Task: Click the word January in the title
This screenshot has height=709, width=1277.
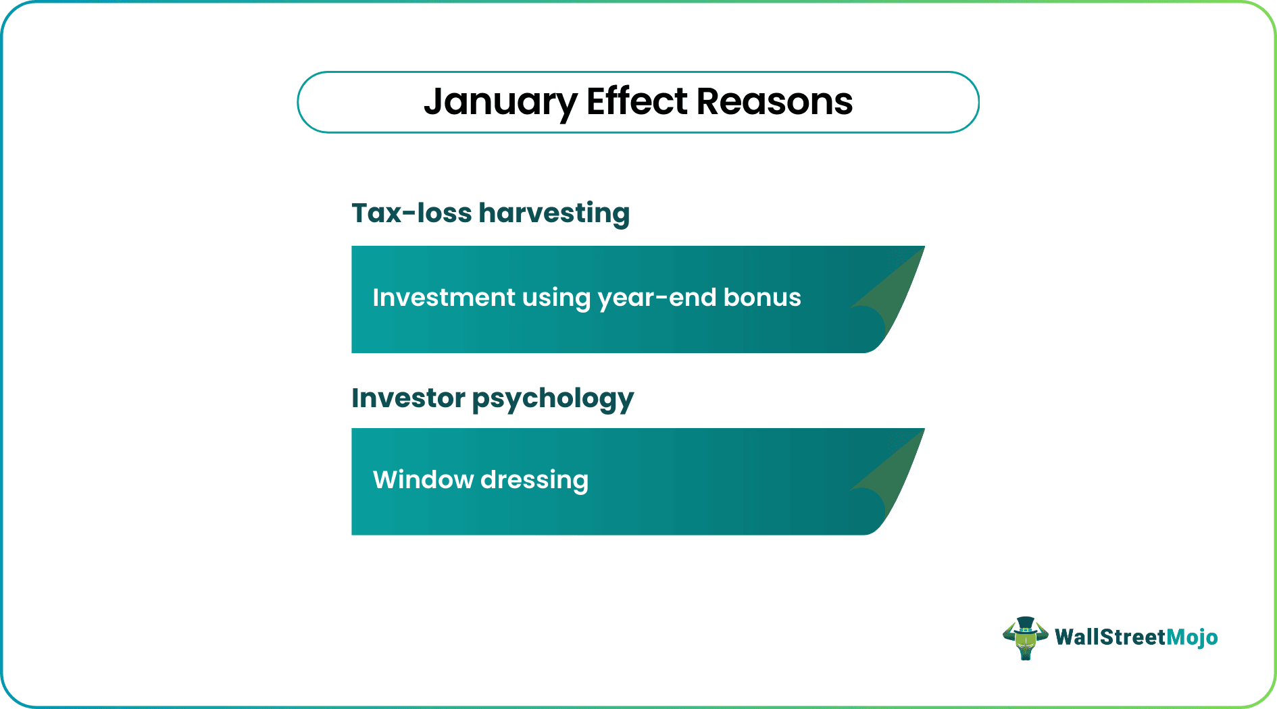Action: [x=500, y=103]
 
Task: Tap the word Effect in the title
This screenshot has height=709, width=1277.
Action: [x=636, y=101]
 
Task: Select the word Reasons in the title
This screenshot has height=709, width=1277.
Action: [x=774, y=101]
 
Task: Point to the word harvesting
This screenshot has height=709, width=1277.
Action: [x=554, y=214]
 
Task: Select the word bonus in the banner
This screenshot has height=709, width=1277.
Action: [x=762, y=297]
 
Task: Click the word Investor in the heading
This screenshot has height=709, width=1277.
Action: [x=408, y=398]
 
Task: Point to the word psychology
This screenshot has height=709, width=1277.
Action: [x=553, y=399]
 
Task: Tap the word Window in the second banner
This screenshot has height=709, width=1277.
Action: [x=423, y=479]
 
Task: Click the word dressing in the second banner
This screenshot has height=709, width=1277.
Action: [x=534, y=481]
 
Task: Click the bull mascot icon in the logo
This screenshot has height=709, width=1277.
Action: [x=1025, y=639]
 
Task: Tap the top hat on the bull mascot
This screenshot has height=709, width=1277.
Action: [x=1026, y=623]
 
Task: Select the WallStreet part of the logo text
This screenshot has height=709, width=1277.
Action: [x=1110, y=637]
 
